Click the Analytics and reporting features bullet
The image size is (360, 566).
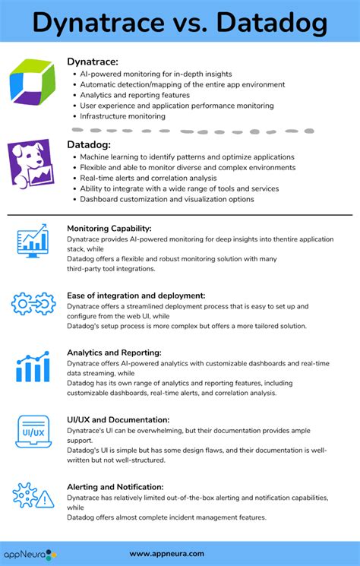pos(135,96)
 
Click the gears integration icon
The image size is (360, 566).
pos(33,305)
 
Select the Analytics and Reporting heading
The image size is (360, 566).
pos(114,353)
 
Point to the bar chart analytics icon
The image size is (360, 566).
pos(33,367)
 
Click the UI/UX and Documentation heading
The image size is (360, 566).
pos(118,419)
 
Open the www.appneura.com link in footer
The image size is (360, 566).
pos(167,554)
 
